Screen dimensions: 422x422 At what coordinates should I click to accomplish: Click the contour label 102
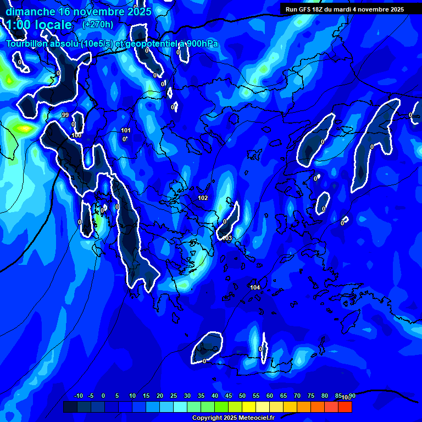[203, 198]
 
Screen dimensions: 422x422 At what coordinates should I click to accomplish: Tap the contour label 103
[227, 238]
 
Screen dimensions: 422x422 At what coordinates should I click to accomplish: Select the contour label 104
[255, 287]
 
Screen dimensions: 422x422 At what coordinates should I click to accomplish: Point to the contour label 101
[126, 130]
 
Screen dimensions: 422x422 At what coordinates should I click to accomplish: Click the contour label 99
[65, 115]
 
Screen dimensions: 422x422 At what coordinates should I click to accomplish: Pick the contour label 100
[76, 135]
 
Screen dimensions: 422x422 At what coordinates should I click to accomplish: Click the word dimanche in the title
[30, 12]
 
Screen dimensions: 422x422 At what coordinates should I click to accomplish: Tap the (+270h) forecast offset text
[98, 24]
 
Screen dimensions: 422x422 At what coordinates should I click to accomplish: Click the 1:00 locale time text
[39, 25]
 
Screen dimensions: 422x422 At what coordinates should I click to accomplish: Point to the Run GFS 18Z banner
[345, 9]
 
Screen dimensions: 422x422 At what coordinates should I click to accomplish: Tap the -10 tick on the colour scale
[78, 396]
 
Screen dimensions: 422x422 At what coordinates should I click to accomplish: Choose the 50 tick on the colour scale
[242, 396]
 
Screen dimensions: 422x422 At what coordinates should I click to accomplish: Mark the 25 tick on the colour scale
[174, 396]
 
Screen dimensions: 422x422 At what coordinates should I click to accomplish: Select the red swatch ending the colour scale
[345, 407]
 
